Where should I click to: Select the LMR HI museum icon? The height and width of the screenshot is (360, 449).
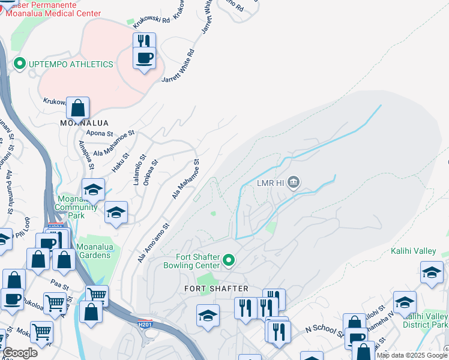pyautogui.click(x=294, y=182)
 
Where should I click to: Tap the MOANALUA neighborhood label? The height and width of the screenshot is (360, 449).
pyautogui.click(x=84, y=123)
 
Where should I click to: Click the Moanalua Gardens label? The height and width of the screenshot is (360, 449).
pyautogui.click(x=94, y=255)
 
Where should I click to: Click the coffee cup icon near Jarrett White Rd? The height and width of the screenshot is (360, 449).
pyautogui.click(x=144, y=59)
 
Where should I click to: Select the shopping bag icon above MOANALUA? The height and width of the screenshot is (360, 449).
pyautogui.click(x=78, y=109)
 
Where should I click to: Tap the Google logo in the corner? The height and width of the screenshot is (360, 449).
pyautogui.click(x=20, y=353)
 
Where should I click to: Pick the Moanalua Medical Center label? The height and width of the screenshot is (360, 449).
pyautogui.click(x=58, y=13)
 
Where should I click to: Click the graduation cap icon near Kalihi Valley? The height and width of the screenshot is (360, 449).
pyautogui.click(x=432, y=273)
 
